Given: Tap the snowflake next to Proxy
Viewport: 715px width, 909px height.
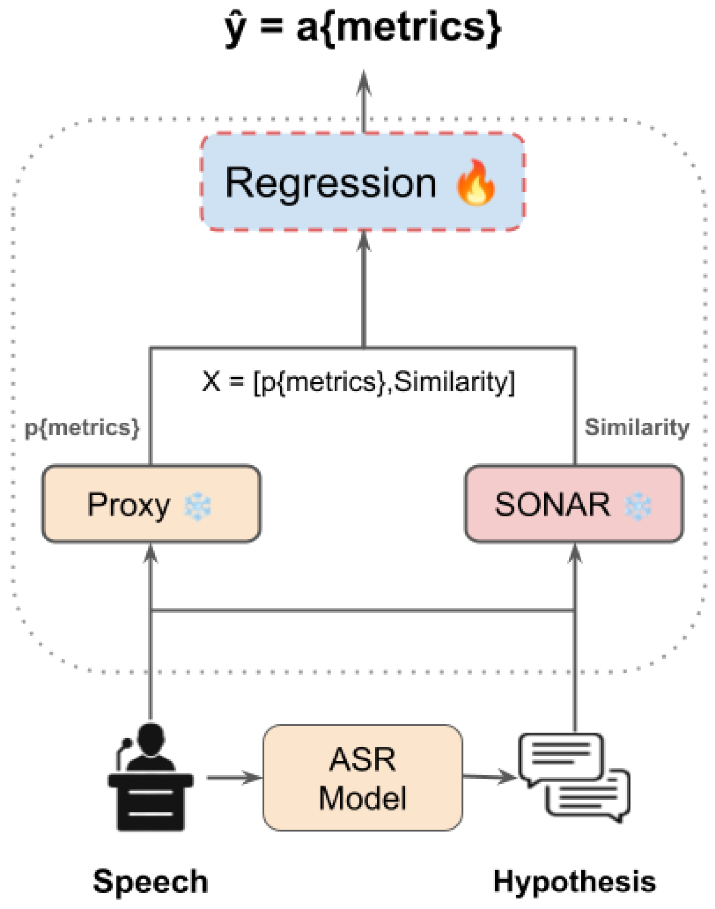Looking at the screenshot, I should (198, 505).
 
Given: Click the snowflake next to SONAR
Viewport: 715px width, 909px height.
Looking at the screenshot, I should (638, 505).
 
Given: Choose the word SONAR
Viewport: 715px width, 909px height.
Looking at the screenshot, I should (552, 504).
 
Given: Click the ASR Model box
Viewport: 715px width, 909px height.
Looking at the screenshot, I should (362, 777).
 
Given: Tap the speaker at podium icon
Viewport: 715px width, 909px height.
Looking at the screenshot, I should (150, 777).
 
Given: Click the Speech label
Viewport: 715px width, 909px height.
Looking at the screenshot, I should (151, 881).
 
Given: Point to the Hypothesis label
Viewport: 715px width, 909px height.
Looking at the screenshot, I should (574, 881).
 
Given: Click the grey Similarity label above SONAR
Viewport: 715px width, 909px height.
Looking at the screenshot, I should (637, 427).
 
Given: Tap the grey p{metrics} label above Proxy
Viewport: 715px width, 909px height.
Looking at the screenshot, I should (82, 428).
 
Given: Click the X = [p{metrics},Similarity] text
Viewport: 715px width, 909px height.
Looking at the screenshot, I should (358, 381).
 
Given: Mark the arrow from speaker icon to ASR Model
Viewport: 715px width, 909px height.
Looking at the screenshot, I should (234, 777).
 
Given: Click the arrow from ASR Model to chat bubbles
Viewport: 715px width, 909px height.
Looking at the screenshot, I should (489, 777).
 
